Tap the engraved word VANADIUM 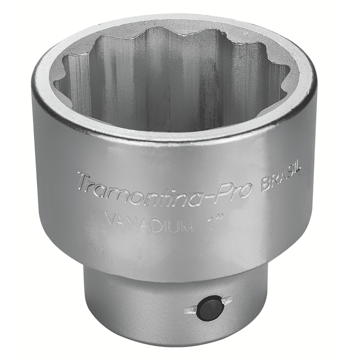[149, 221]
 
